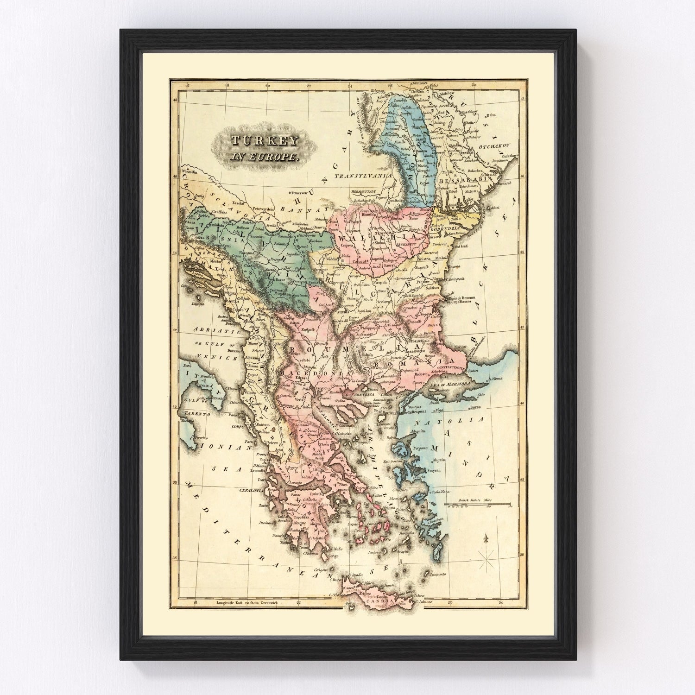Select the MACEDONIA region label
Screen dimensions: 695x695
(302, 373)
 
